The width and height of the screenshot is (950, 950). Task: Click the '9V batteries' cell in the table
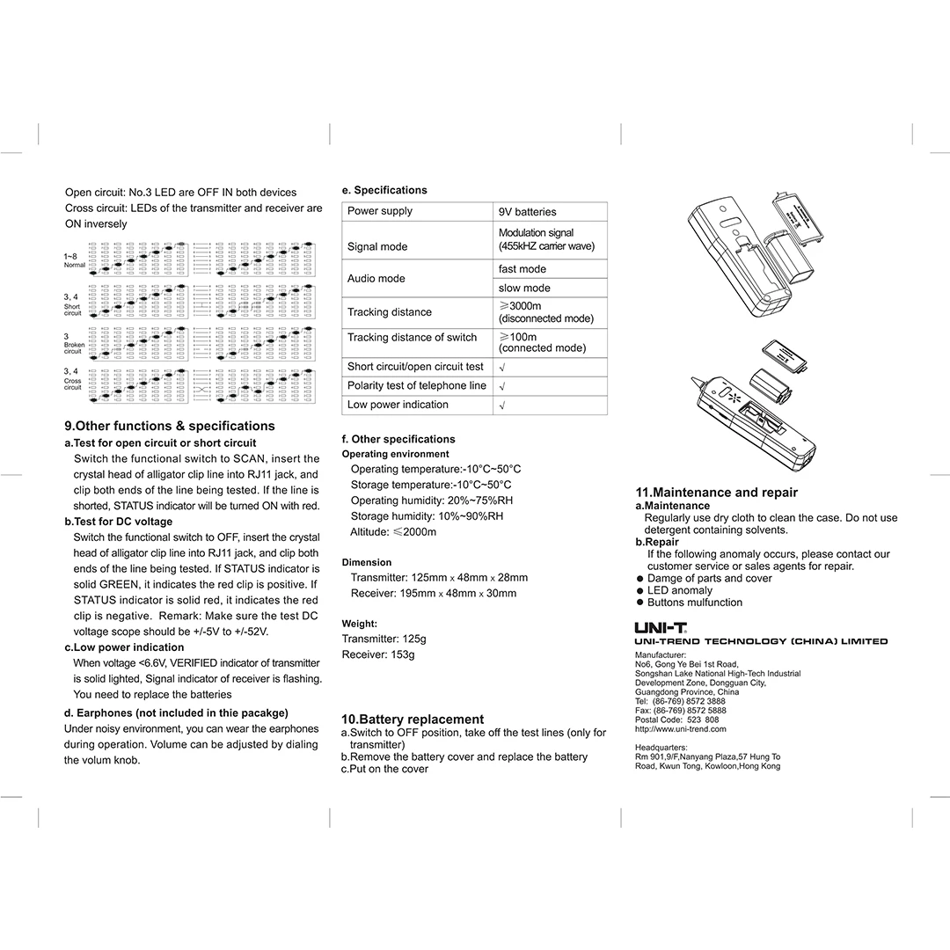[528, 212]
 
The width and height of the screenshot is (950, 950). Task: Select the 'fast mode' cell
[522, 269]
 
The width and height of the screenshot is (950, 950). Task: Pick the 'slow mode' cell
[524, 289]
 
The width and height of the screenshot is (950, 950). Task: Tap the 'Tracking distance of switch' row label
[412, 338]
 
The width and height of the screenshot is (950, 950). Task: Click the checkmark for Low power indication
[501, 406]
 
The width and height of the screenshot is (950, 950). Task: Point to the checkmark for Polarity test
[501, 386]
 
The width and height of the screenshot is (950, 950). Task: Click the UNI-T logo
[661, 627]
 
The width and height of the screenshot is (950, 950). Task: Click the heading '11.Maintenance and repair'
[716, 493]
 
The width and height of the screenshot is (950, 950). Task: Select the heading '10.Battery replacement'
[412, 720]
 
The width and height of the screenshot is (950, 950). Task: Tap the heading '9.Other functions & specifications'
[170, 426]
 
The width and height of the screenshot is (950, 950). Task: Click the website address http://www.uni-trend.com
[680, 729]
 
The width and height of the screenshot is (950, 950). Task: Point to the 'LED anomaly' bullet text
[679, 590]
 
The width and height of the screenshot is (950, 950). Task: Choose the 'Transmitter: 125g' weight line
[384, 639]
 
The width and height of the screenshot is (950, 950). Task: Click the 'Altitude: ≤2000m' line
[393, 532]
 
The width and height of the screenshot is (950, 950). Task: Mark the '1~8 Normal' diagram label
[74, 260]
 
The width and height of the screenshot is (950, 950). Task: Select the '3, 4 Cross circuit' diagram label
[72, 379]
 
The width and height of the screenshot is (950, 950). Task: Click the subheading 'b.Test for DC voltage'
[119, 522]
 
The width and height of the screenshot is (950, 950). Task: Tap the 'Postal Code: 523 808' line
[676, 720]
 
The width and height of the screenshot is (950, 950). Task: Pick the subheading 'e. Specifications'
[384, 190]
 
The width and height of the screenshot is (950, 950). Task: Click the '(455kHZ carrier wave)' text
[546, 246]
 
